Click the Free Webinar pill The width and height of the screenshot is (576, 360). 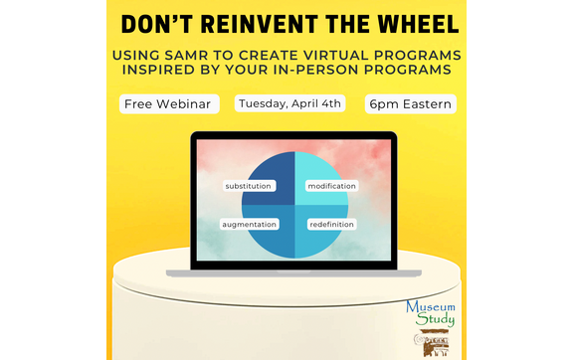pyautogui.click(x=170, y=103)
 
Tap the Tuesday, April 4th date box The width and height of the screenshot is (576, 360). pyautogui.click(x=289, y=103)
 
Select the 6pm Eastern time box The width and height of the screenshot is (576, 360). pyautogui.click(x=411, y=103)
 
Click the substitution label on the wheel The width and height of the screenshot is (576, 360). pyautogui.click(x=249, y=186)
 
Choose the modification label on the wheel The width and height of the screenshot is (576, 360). pyautogui.click(x=331, y=186)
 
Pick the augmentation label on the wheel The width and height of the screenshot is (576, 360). pyautogui.click(x=249, y=224)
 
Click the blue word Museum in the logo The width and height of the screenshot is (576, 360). pyautogui.click(x=430, y=307)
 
